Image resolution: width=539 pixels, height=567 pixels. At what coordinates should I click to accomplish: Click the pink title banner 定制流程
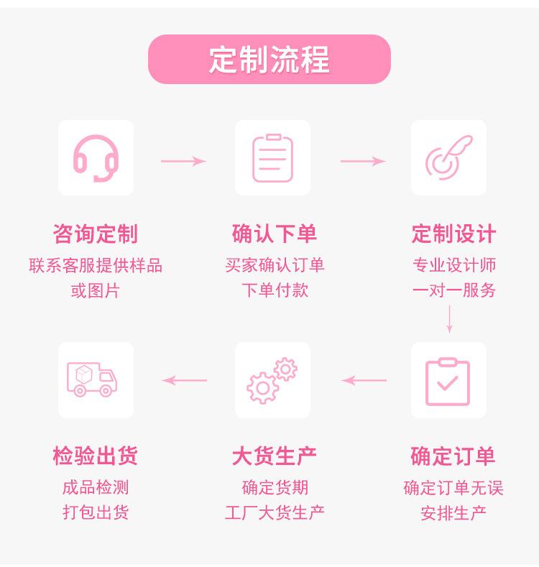[269, 60]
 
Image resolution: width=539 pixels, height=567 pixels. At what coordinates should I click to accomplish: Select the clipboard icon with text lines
[272, 158]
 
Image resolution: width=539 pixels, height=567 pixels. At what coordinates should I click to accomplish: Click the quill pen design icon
[448, 157]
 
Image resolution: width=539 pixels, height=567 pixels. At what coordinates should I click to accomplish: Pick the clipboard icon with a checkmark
[448, 382]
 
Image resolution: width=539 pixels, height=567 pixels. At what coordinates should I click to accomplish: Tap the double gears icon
[272, 380]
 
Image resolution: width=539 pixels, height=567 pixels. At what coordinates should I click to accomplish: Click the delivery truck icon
[92, 379]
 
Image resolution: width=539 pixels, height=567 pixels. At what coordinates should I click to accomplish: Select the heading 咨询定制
[96, 234]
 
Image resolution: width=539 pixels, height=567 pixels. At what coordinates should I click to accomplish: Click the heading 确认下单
[275, 234]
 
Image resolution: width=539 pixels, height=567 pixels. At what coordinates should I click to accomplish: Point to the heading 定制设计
[453, 234]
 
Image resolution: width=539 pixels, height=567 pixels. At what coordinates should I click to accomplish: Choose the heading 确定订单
[453, 456]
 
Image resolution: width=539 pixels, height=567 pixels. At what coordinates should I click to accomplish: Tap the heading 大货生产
[275, 456]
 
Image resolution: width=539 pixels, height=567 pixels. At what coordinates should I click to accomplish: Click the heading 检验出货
[96, 456]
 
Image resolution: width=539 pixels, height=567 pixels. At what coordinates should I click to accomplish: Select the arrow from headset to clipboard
[183, 161]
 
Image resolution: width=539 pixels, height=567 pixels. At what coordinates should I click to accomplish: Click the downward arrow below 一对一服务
[449, 319]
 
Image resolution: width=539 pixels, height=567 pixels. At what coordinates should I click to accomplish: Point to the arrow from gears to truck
[184, 380]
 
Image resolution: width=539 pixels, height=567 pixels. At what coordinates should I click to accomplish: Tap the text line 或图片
[95, 291]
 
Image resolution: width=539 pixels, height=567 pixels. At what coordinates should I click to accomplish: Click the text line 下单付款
[275, 290]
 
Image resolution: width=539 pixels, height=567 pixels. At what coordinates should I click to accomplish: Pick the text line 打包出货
[96, 513]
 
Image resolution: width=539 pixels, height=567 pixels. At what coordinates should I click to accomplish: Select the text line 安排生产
[453, 513]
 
